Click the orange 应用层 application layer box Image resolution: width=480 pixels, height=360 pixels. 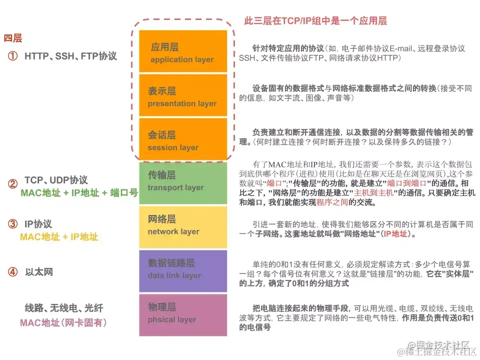coord(183,52)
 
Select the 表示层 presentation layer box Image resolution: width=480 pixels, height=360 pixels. coord(183,96)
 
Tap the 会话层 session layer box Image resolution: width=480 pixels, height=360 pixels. coord(183,140)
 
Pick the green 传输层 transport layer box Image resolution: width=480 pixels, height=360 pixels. coord(183,182)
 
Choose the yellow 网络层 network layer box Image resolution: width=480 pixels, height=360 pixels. coord(183,226)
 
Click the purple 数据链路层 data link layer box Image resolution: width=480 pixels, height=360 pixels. coord(183,270)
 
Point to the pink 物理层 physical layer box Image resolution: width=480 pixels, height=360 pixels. coord(183,314)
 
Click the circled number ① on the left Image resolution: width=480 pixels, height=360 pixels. coord(12,56)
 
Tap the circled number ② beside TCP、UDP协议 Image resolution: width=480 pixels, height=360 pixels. coord(12,184)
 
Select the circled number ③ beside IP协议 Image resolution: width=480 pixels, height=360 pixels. coord(12,224)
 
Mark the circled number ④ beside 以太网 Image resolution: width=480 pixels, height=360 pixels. coord(12,272)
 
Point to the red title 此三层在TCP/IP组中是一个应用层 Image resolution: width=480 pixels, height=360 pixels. coord(315,21)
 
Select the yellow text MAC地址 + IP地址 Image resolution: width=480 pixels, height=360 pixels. coord(59,236)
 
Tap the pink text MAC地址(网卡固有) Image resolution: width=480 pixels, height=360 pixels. coord(63,322)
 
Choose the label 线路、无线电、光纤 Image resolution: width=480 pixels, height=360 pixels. coord(64,308)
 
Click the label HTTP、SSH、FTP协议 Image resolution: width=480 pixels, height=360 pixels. coord(70,56)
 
